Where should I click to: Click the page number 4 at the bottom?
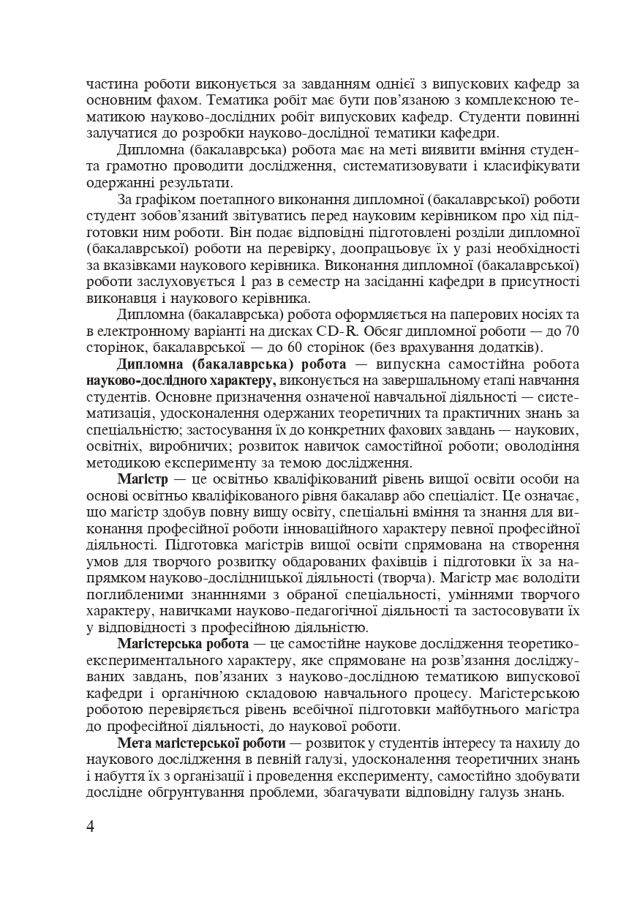point(91,827)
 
